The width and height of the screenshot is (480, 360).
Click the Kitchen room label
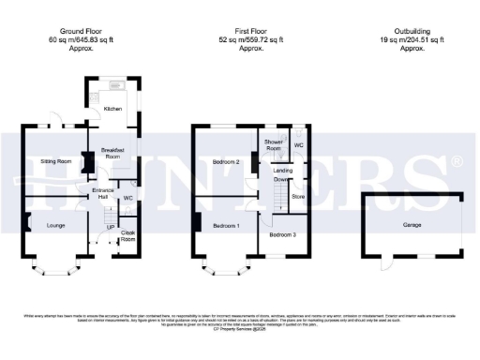(x=112, y=109)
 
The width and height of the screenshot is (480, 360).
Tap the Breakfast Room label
(x=112, y=154)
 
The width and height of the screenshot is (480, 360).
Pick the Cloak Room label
(x=128, y=235)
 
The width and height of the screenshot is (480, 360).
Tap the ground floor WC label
(x=128, y=198)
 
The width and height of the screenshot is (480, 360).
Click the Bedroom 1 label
(x=225, y=226)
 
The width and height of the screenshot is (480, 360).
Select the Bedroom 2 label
(x=227, y=162)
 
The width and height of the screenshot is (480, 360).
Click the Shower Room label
(x=273, y=145)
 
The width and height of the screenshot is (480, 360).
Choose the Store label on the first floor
(x=298, y=197)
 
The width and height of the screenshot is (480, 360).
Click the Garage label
(x=412, y=226)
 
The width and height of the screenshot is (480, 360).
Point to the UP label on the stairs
(x=110, y=227)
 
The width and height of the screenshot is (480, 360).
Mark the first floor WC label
(x=298, y=145)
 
